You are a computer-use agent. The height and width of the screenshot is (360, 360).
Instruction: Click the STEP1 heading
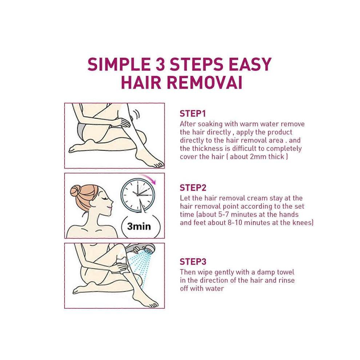pos(193,114)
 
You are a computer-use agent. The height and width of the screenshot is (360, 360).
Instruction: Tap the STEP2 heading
pos(193,188)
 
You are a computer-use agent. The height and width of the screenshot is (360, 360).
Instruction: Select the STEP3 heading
pos(193,262)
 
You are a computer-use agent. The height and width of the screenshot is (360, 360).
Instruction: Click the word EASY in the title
pos(250,64)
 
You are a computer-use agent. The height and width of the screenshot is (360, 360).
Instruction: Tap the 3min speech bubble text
pos(139,227)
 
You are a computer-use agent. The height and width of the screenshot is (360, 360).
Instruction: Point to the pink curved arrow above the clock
pos(148,178)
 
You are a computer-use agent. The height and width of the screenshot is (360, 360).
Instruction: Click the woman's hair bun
pos(76,191)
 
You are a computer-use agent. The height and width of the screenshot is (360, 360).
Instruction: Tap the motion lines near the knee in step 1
pos(136,114)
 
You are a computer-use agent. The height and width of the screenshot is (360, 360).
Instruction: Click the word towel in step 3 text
pos(285,272)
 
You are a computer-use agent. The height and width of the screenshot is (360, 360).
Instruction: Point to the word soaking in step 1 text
pos(210,124)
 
